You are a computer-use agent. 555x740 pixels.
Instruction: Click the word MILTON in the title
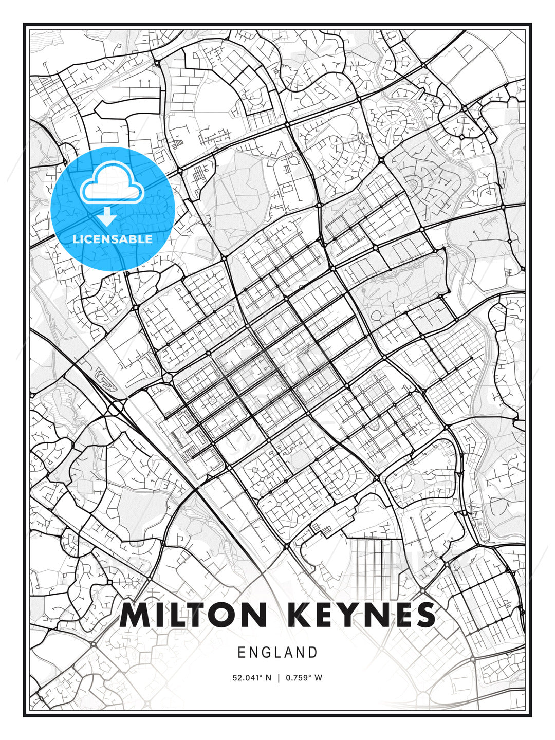[194, 615]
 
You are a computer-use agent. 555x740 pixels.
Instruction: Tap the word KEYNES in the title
[358, 615]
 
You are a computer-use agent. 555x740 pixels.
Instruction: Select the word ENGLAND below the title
[277, 653]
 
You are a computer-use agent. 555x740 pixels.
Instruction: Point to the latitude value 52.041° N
[252, 678]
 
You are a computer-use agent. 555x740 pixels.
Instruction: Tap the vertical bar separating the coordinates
[278, 678]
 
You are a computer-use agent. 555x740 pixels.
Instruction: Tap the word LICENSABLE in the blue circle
[113, 239]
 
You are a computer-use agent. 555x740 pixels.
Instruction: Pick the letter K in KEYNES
[295, 615]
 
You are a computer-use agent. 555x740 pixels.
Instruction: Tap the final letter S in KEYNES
[424, 615]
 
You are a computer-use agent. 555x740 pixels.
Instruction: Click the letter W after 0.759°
[318, 678]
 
